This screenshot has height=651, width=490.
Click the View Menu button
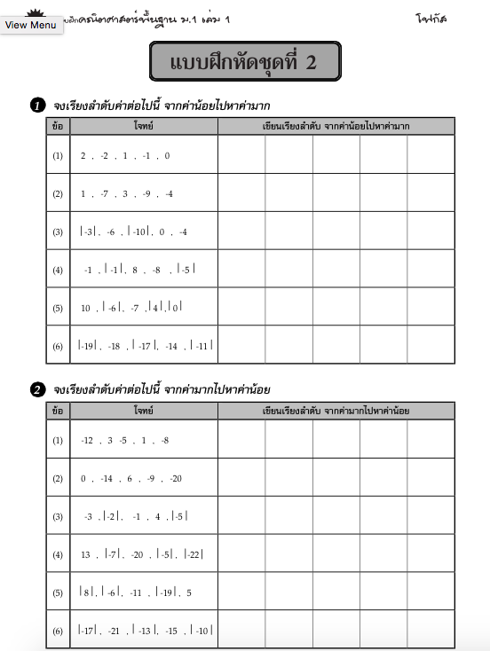(x=31, y=25)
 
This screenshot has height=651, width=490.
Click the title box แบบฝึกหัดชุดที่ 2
(x=244, y=62)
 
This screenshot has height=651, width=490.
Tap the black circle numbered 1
(x=38, y=106)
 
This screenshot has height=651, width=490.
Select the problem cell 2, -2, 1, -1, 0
(x=124, y=155)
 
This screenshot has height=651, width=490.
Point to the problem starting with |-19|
(x=146, y=346)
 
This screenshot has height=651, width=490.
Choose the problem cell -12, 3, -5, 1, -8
(x=124, y=440)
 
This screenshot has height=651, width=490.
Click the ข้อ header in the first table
(x=58, y=127)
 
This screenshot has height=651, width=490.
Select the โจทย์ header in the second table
(x=144, y=411)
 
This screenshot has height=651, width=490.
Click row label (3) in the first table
(x=58, y=231)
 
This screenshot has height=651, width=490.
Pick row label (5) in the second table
(x=58, y=592)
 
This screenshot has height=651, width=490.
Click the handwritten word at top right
(x=431, y=18)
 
